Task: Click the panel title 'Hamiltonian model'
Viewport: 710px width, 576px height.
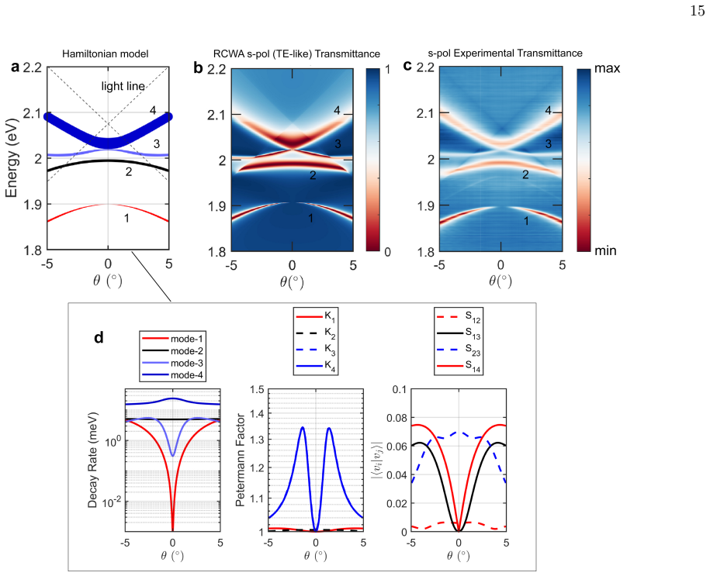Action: (105, 53)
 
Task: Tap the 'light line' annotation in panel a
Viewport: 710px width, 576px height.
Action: (123, 86)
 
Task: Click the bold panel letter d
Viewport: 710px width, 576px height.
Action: (99, 337)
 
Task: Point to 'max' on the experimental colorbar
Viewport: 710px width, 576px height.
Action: (608, 68)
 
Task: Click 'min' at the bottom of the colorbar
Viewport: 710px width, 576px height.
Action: (605, 250)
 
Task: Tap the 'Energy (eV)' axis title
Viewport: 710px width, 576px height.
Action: (12, 158)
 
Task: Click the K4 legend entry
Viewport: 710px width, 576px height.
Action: (316, 366)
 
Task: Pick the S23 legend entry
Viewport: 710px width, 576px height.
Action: (459, 350)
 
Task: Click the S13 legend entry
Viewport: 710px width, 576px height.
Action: (459, 333)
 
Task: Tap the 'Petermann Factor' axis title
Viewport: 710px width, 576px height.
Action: (240, 460)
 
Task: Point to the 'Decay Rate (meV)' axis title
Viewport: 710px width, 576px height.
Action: (93, 460)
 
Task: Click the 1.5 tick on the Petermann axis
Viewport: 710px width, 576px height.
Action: (257, 390)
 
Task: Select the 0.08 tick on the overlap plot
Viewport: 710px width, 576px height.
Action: (397, 418)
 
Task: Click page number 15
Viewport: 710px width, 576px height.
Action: (698, 11)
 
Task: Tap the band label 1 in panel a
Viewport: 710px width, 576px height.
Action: (126, 218)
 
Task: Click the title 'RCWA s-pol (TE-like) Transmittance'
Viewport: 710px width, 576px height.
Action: (296, 53)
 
